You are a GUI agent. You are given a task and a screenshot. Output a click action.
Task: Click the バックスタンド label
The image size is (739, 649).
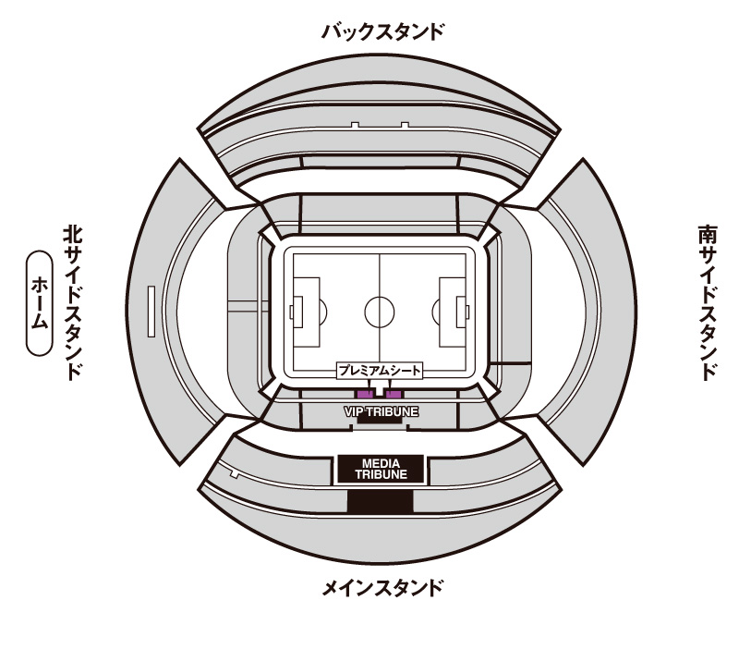(x=382, y=32)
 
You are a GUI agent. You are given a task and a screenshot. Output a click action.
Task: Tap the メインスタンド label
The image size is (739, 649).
(x=382, y=588)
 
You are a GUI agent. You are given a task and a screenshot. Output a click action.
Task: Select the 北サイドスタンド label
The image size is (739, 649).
(x=73, y=302)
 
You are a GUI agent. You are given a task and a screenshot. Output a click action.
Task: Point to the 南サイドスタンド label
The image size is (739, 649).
(x=708, y=302)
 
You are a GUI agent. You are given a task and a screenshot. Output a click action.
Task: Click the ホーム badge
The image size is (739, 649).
(x=39, y=303)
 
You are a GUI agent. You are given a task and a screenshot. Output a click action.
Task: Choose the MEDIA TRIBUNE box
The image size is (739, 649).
(x=381, y=470)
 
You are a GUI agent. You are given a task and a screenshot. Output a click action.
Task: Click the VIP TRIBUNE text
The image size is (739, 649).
(x=381, y=411)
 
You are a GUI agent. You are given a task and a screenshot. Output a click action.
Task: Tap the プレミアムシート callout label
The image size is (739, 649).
(x=380, y=371)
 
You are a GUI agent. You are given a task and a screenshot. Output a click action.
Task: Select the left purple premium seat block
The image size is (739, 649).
(x=364, y=395)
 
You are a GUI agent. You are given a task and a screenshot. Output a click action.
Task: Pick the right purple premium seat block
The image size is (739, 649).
(x=394, y=395)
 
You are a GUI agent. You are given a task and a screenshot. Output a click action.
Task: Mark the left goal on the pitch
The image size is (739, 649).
(x=292, y=312)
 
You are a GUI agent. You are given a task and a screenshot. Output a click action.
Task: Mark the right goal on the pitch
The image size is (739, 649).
(x=466, y=312)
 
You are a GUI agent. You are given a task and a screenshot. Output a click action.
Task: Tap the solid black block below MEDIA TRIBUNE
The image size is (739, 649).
(x=380, y=501)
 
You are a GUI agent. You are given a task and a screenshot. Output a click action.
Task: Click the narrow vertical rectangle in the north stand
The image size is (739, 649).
(x=151, y=312)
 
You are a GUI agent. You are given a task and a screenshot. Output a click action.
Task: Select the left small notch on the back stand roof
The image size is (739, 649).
(x=355, y=125)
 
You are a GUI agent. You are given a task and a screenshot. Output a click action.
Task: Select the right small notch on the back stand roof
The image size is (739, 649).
(x=405, y=125)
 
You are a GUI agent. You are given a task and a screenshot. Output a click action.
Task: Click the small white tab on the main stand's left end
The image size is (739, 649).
(x=234, y=473)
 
